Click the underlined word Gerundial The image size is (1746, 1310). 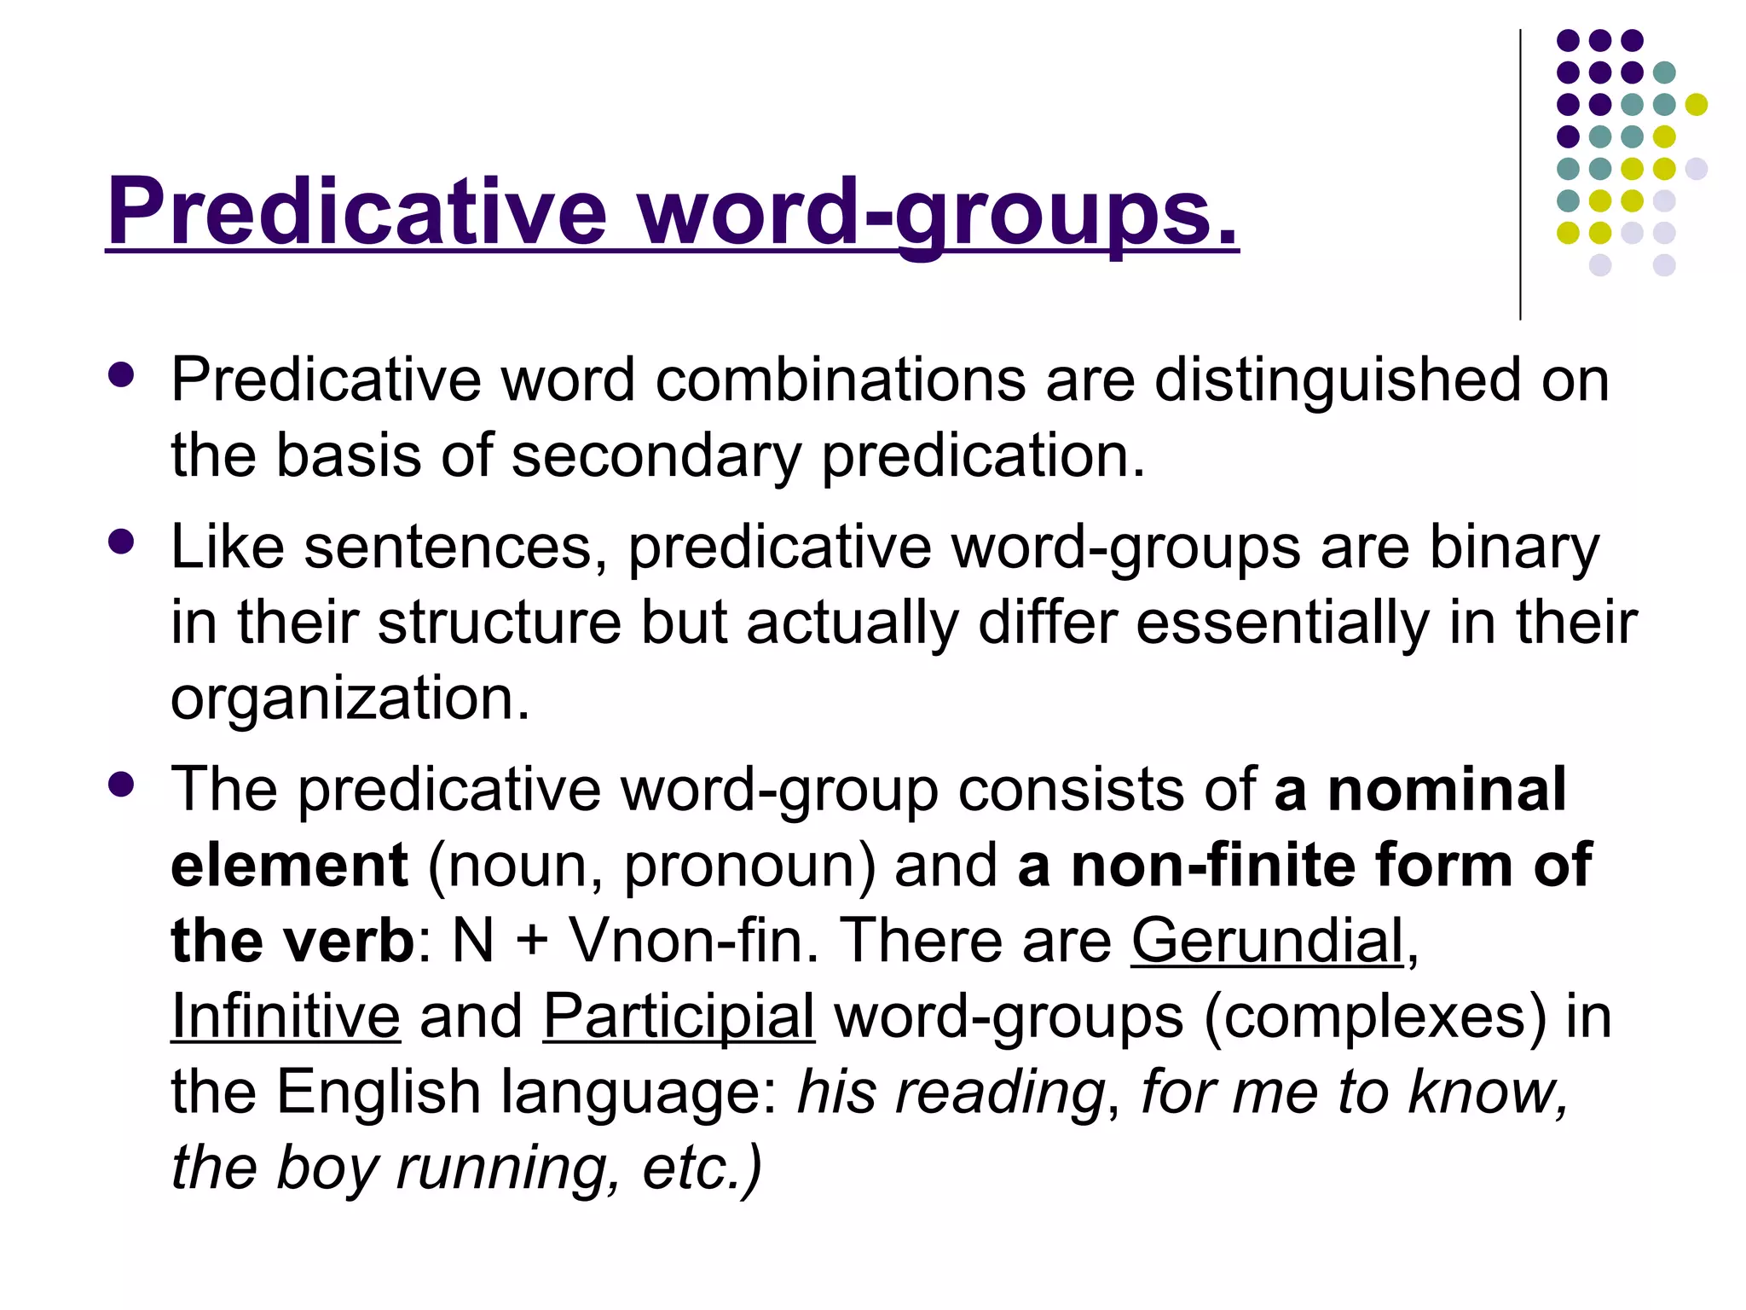pyautogui.click(x=1267, y=941)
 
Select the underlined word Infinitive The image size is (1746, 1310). pyautogui.click(x=286, y=1016)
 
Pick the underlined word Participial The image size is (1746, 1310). pyautogui.click(x=679, y=1016)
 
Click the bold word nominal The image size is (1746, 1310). pyautogui.click(x=1447, y=789)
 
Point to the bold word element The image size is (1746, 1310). pyautogui.click(x=289, y=865)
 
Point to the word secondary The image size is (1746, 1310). pyautogui.click(x=656, y=455)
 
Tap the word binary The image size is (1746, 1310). pyautogui.click(x=1514, y=547)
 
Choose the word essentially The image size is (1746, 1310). pyautogui.click(x=1282, y=622)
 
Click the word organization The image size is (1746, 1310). pyautogui.click(x=350, y=698)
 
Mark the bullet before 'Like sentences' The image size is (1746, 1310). pyautogui.click(x=122, y=542)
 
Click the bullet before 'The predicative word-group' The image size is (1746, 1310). pyautogui.click(x=122, y=785)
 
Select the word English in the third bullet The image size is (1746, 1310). pyautogui.click(x=379, y=1092)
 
